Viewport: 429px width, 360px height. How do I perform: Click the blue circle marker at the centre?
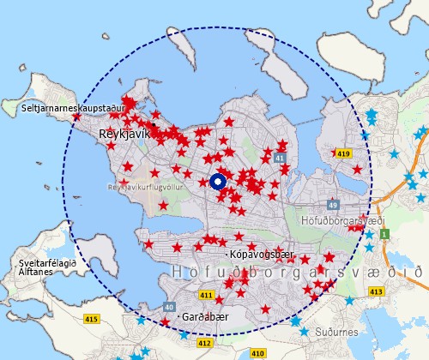click(217, 182)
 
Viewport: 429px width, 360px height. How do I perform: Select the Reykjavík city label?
click(125, 134)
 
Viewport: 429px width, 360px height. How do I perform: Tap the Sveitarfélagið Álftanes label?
click(48, 266)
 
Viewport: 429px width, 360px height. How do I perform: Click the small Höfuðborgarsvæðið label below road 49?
click(340, 219)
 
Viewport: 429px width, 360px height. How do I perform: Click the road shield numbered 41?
click(280, 159)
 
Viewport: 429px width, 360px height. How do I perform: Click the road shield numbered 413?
click(375, 291)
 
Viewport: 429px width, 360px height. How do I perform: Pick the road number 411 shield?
click(206, 296)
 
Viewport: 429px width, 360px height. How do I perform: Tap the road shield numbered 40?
click(169, 306)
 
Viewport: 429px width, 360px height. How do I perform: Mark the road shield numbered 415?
click(92, 319)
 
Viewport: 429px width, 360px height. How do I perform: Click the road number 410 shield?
click(257, 352)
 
